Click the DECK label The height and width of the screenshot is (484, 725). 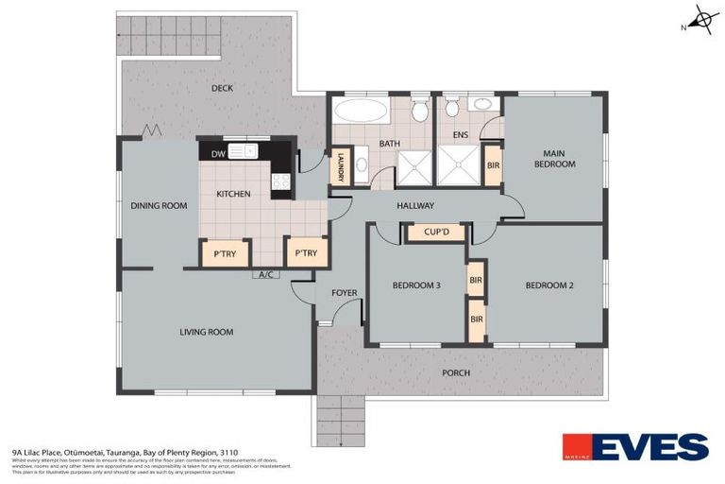(x=222, y=88)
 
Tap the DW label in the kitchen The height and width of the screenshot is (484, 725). (x=218, y=153)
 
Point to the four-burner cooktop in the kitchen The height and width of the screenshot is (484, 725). (x=280, y=183)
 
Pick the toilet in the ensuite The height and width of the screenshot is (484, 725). (x=451, y=109)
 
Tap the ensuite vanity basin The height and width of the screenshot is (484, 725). (x=482, y=104)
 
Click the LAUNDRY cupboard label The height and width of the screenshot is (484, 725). (x=339, y=168)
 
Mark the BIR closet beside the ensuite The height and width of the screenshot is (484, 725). (x=493, y=165)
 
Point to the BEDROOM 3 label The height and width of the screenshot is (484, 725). (x=416, y=285)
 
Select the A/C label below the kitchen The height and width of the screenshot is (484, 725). (x=267, y=276)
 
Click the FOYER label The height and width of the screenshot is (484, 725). (x=344, y=292)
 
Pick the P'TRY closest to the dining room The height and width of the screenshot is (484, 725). (x=224, y=253)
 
